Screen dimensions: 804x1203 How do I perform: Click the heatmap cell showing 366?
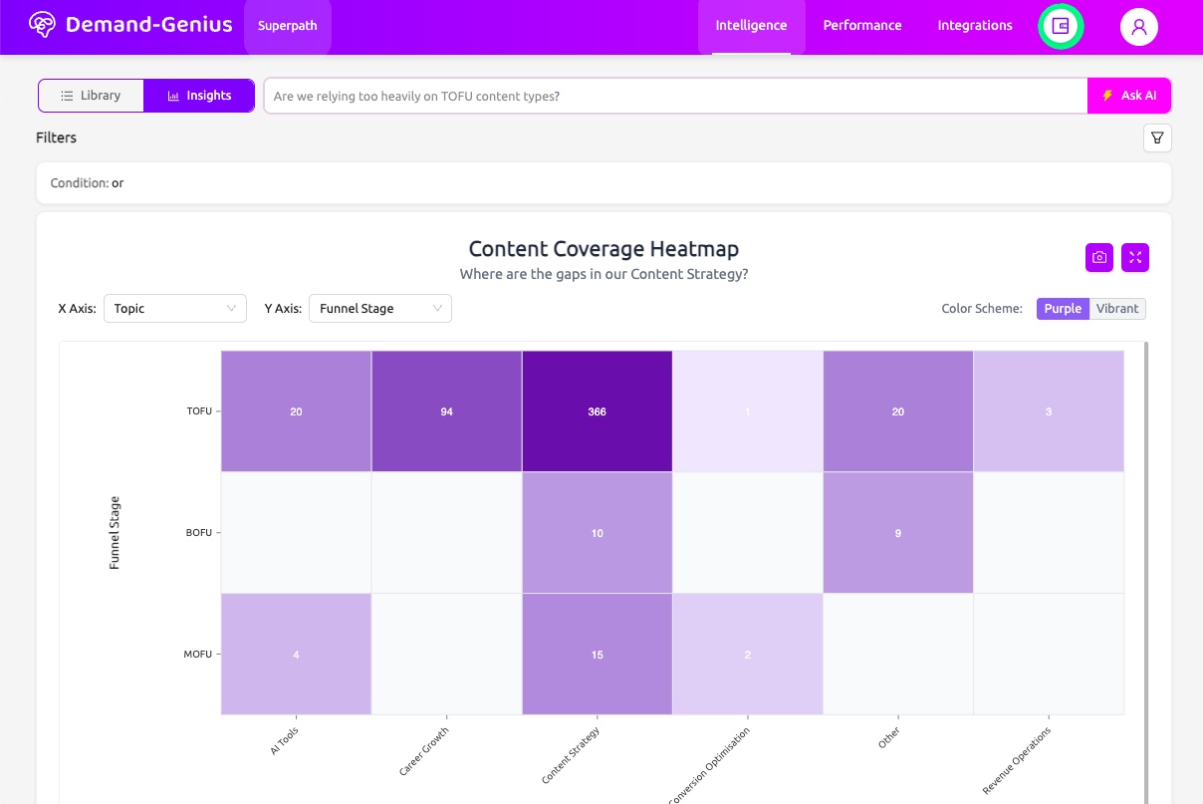point(597,411)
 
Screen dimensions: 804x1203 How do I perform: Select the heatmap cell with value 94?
point(446,411)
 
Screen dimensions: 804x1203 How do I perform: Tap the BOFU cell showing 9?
point(897,533)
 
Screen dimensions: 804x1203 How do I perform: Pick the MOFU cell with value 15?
point(597,655)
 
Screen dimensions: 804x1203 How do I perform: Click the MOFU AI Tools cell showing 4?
point(296,655)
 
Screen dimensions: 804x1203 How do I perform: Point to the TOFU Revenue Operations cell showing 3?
point(1048,411)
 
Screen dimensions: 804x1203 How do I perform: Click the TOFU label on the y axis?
point(199,411)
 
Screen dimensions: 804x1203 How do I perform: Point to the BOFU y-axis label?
point(199,533)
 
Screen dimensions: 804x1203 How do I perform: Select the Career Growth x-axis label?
point(425,752)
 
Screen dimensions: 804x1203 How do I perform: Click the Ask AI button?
point(1129,96)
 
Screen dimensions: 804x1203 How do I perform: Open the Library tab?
point(91,96)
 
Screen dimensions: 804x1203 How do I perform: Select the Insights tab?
point(199,96)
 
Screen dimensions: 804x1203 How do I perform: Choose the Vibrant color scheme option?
point(1116,309)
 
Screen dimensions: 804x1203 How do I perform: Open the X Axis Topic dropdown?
point(175,309)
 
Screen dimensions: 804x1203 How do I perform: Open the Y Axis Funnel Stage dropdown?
point(379,309)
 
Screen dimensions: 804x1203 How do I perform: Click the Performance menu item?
point(861,26)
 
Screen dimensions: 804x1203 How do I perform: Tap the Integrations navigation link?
point(974,26)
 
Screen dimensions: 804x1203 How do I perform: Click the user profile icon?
point(1138,27)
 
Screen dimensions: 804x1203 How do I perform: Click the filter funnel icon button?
point(1157,138)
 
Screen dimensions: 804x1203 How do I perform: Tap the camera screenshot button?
point(1098,257)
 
